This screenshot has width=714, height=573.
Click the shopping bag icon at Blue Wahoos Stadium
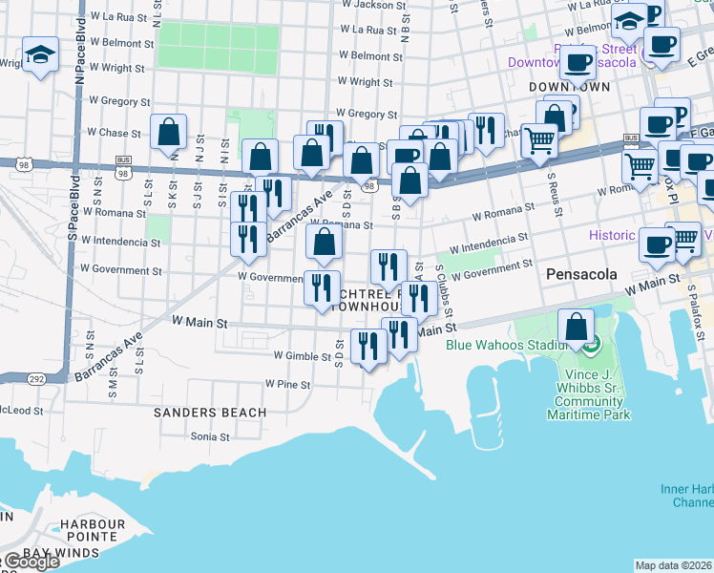577,328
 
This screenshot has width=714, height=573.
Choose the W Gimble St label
303,354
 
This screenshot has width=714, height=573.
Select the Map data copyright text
673,565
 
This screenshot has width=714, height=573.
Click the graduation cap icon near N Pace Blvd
40,56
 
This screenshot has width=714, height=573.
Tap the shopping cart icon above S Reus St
540,140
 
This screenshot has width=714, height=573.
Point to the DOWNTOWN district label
569,87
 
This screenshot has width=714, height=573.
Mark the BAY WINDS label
62,553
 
